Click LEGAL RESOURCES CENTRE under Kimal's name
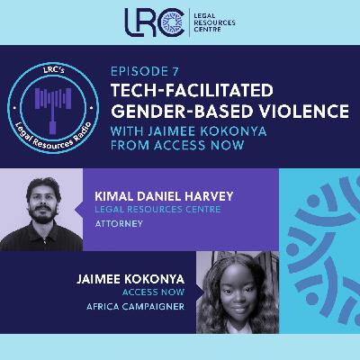coord(164,209)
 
